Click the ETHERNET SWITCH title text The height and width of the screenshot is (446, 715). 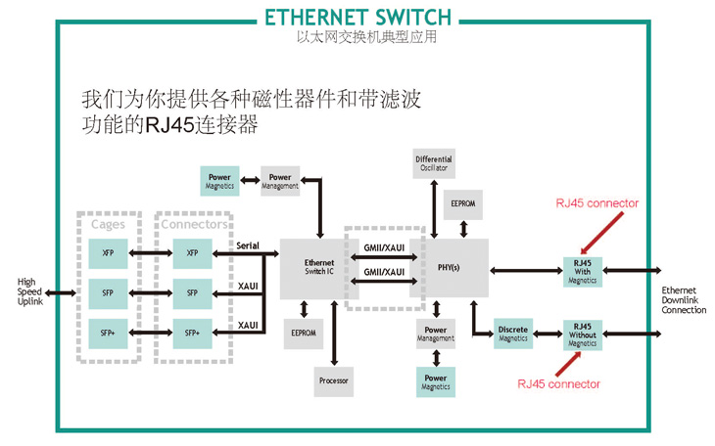coord(357,17)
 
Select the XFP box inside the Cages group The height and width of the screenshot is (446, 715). coord(108,252)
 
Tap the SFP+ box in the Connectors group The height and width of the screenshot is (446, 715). coord(192,333)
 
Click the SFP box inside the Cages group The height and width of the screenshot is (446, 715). coord(108,291)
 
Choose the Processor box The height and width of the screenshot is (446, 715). coord(333,379)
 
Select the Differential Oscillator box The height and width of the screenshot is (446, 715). coord(434,162)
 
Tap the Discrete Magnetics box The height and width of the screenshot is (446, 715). coord(512,334)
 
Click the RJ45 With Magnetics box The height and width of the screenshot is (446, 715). coord(582,270)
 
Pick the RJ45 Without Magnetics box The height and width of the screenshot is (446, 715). coord(582,334)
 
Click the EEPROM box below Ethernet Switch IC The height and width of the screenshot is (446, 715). coord(303,333)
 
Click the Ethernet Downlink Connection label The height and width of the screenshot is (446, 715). coord(684,300)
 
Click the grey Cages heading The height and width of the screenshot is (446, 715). coord(108,224)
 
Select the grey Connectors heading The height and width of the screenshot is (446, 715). coord(192,224)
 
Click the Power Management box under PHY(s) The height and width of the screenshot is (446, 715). coord(436,334)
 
